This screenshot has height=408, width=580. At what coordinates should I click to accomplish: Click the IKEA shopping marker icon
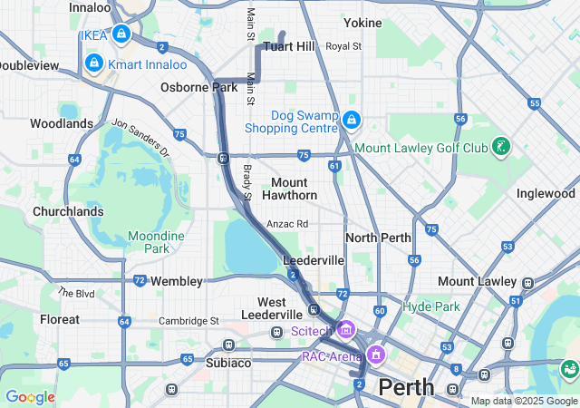coord(121,34)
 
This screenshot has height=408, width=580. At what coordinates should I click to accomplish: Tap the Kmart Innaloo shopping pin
coord(93,63)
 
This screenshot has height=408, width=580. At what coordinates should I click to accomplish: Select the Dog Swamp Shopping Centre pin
coord(352,120)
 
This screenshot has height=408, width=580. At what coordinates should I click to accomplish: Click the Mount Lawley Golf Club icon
coord(500,147)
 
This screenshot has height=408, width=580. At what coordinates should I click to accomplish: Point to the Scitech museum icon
coord(346,330)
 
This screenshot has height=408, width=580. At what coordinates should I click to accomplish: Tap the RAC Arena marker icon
coord(376,354)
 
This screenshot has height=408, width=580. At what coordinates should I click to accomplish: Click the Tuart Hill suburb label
coord(288,46)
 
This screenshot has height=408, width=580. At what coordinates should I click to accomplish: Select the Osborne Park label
coord(198,87)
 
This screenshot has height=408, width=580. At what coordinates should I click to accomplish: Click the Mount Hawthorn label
coord(290,189)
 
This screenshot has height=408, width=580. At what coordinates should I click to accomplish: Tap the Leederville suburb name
coord(314,260)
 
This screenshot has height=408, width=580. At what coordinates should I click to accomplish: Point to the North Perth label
coord(379,238)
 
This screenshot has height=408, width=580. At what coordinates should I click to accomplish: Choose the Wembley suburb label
coord(177,281)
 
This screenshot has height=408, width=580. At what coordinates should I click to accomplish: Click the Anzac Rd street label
coord(287,224)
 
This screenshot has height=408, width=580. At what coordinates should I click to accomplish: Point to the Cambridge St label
coord(189,321)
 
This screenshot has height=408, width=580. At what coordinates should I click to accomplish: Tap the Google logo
coord(30,397)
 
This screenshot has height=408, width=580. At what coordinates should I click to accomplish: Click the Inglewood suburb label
coord(546,193)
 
